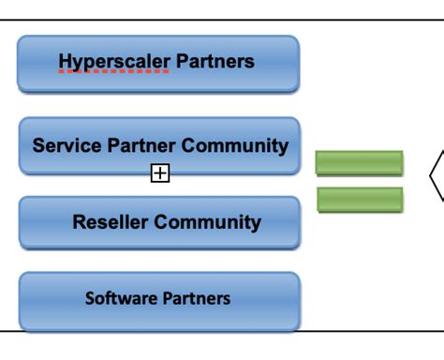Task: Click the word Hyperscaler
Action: pyautogui.click(x=113, y=62)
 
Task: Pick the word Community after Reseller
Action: pyautogui.click(x=207, y=222)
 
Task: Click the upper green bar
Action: pyautogui.click(x=360, y=163)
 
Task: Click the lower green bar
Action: pyautogui.click(x=360, y=199)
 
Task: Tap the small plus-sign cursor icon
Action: pyautogui.click(x=160, y=172)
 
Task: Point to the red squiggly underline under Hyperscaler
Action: pyautogui.click(x=113, y=72)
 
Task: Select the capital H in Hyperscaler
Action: pyautogui.click(x=66, y=62)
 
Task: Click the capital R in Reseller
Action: pyautogui.click(x=79, y=222)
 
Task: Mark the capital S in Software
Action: pyautogui.click(x=90, y=298)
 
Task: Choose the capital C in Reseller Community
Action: pyautogui.click(x=160, y=222)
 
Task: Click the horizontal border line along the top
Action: pyautogui.click(x=222, y=20)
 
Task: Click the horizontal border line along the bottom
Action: pyautogui.click(x=222, y=330)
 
